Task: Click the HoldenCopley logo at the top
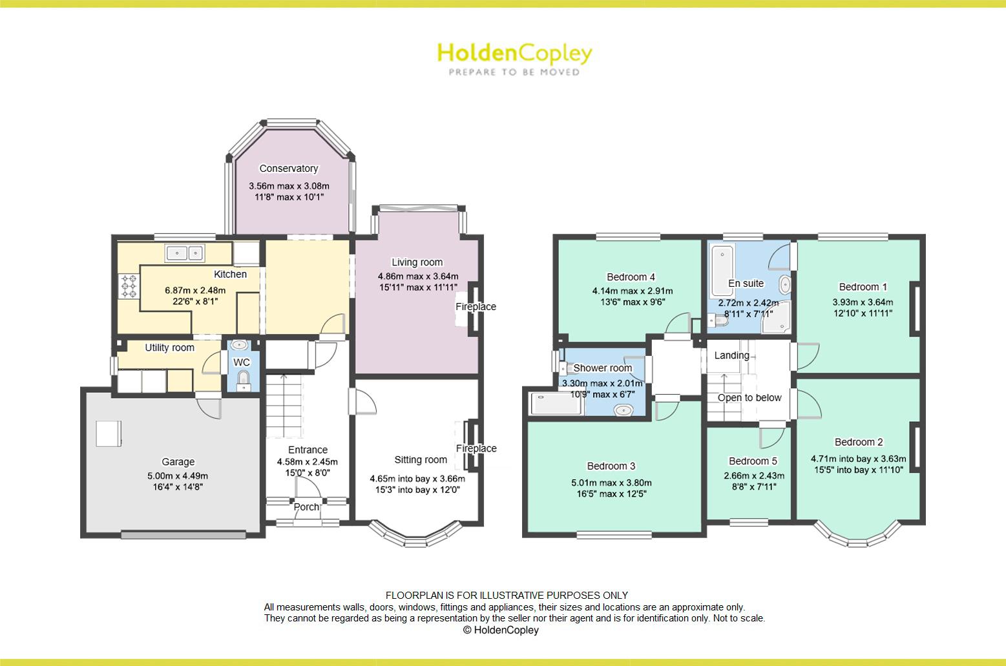coord(515,59)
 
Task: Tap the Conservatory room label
coord(289,169)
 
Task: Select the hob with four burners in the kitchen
coord(129,286)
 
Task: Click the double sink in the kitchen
coord(185,253)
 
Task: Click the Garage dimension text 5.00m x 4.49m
coord(178,476)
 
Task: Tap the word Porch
coord(306,507)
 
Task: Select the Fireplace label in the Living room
coord(476,307)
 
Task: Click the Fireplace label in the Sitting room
coord(476,448)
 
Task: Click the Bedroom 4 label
coord(631,277)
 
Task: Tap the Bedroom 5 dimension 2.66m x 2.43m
coord(754,475)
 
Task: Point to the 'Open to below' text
coord(749,398)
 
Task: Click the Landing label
coord(732,355)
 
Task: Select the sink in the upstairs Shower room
coord(624,410)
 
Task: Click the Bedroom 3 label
coord(611,466)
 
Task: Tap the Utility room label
coord(169,348)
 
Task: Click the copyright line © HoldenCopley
coord(501,630)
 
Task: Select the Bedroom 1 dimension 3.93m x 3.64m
coord(863,302)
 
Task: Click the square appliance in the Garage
coord(109,433)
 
